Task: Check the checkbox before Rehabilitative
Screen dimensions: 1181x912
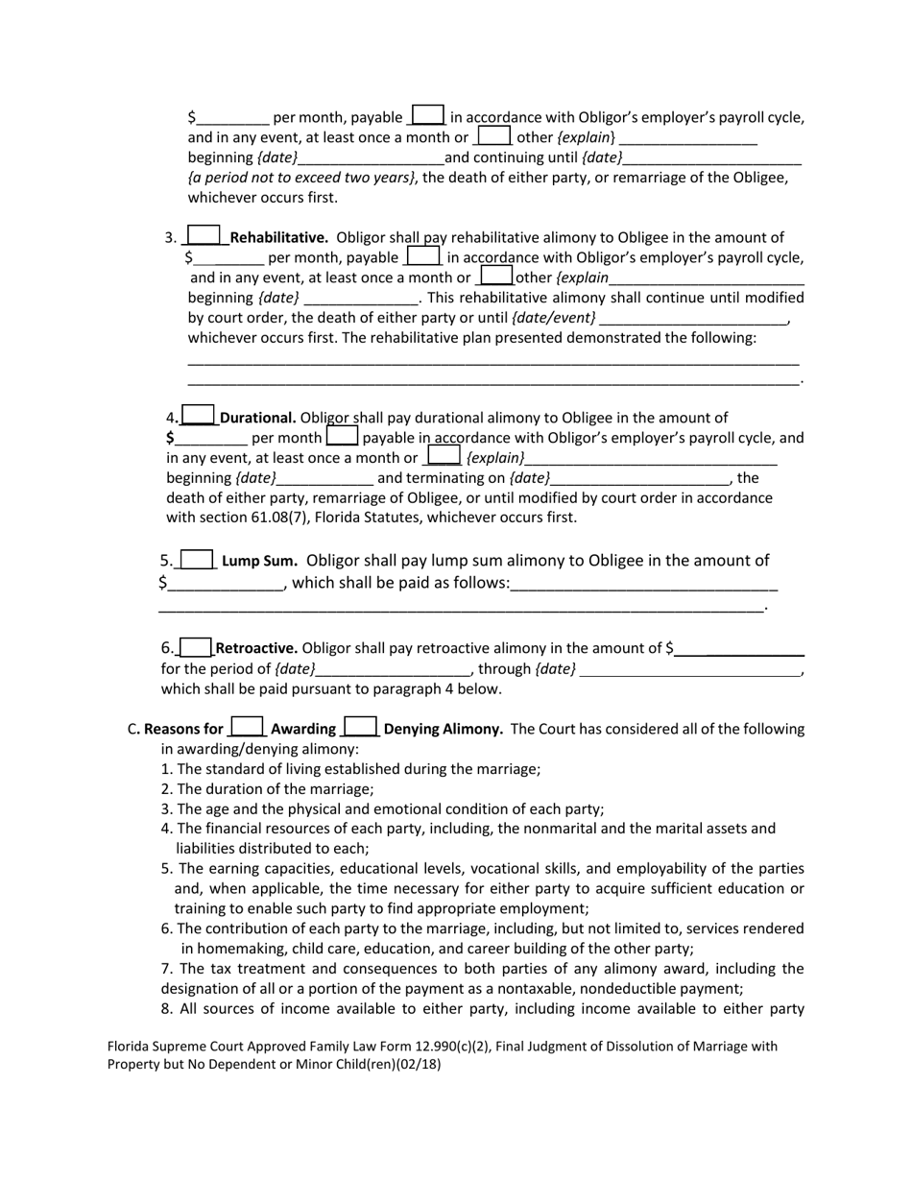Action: click(x=204, y=236)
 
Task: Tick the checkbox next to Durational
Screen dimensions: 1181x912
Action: click(x=199, y=417)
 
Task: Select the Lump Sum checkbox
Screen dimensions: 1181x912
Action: click(x=197, y=560)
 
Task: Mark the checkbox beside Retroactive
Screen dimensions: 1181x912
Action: click(x=196, y=648)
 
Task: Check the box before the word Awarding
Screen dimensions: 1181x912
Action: click(x=248, y=728)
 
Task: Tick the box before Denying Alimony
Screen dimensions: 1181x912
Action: click(x=361, y=728)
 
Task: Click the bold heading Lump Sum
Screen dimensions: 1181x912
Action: click(x=259, y=561)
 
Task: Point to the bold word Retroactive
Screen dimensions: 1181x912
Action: click(x=256, y=648)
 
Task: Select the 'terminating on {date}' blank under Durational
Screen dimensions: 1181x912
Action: click(x=640, y=478)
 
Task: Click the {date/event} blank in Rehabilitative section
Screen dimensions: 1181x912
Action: click(x=692, y=318)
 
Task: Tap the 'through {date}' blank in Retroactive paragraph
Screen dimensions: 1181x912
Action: click(x=690, y=669)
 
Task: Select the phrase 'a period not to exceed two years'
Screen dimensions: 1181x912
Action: click(x=301, y=178)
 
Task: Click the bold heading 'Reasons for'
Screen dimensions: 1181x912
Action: click(x=182, y=729)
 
